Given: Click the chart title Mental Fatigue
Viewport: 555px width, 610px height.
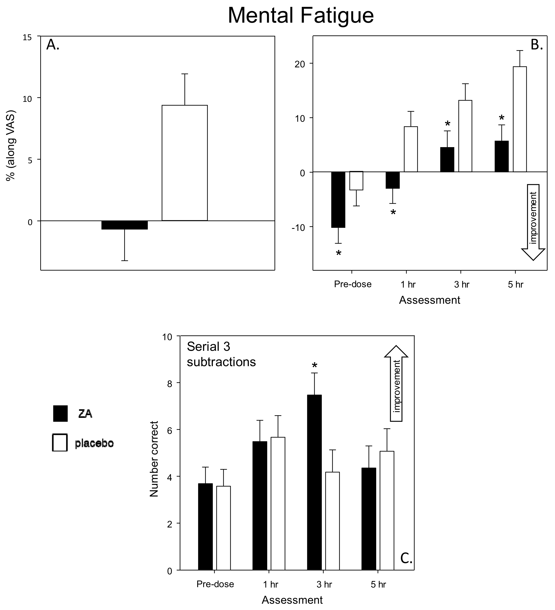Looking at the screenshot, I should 301,15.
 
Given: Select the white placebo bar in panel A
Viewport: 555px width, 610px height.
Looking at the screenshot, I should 184,163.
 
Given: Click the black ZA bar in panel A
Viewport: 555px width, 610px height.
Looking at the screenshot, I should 124,225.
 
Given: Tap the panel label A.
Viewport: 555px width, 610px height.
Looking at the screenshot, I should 53,45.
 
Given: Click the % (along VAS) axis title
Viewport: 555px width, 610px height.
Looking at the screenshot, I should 11,145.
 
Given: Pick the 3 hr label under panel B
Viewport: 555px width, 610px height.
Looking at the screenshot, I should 461,284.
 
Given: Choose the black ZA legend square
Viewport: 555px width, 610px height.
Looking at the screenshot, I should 60,413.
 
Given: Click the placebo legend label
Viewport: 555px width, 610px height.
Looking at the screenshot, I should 94,444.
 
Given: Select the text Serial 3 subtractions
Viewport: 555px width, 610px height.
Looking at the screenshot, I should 221,354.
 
